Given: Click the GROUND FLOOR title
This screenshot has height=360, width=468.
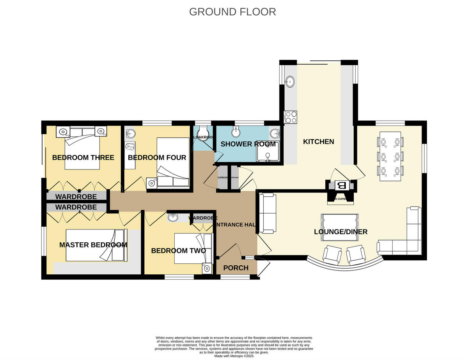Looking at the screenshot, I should tap(232, 12).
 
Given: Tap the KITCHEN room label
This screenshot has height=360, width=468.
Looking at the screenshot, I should tap(319, 141).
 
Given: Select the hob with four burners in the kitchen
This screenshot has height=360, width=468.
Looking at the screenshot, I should tap(291, 117).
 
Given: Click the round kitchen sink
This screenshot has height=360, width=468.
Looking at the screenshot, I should tap(290, 81).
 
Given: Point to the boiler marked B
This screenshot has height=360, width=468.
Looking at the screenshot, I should tap(342, 185).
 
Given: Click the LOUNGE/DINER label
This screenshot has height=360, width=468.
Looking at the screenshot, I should tap(340, 232).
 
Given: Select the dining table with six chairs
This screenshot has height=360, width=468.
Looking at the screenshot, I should tap(390, 156).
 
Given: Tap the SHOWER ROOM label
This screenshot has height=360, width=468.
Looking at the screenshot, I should tap(248, 144).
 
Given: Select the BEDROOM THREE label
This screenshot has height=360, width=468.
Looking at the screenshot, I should tap(83, 157).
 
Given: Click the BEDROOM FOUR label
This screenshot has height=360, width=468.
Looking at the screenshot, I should tap(157, 157).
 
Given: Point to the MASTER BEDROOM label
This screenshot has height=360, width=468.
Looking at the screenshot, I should tap(93, 245).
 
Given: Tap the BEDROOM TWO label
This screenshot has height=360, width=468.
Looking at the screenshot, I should tap(178, 251).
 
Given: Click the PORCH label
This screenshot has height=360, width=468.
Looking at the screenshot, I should tap(236, 268).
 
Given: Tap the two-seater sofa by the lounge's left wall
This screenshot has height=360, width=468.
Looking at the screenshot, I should tap(268, 214).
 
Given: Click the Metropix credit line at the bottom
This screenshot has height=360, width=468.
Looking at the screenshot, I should tap(234, 356).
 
